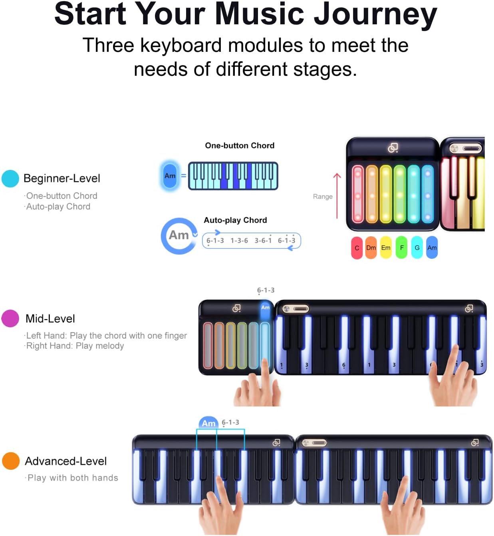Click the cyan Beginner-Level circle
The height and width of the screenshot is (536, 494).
[10, 178]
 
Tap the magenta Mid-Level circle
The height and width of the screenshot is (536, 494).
[10, 318]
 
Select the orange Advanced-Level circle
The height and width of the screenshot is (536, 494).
[11, 461]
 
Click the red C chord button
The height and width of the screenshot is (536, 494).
[357, 248]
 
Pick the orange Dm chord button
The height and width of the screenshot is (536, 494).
[371, 248]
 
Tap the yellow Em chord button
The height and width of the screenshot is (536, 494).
[386, 248]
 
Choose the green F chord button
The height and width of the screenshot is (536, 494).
[401, 248]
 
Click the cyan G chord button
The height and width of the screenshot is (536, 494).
[417, 248]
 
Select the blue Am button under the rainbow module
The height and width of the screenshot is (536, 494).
[432, 248]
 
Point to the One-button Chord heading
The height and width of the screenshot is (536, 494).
[240, 146]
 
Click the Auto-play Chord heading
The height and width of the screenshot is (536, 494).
[235, 220]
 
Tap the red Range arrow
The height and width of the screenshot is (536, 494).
[337, 196]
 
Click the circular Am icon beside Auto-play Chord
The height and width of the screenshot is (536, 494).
[179, 235]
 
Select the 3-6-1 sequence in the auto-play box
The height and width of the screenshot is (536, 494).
[263, 240]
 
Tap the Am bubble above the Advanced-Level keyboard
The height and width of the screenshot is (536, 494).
[208, 423]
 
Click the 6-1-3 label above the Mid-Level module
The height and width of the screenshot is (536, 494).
[266, 290]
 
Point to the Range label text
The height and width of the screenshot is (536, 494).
[323, 197]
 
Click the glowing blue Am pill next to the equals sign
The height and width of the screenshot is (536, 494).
[170, 176]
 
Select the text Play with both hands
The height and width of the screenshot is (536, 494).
[73, 478]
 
